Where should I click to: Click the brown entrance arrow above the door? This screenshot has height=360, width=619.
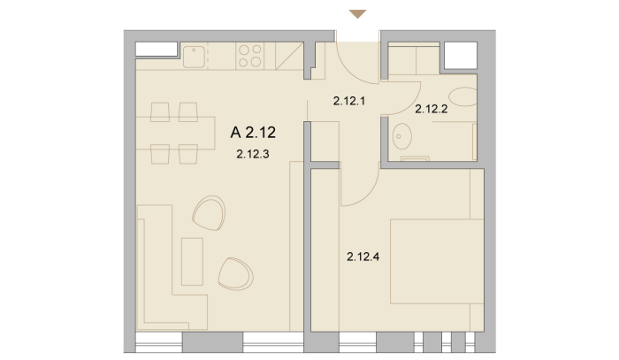[x=358, y=14]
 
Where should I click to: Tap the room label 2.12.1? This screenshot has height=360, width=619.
[x=349, y=101]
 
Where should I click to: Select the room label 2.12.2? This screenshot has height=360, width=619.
[x=432, y=109]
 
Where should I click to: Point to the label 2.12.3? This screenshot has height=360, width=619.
[x=253, y=154]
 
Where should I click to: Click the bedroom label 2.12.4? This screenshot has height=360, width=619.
[x=363, y=257]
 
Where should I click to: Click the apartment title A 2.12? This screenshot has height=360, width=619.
[x=253, y=133]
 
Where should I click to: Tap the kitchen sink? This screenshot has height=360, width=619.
[x=194, y=57]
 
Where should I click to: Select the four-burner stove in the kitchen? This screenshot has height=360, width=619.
[x=250, y=56]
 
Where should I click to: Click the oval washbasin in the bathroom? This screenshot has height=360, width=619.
[x=401, y=136]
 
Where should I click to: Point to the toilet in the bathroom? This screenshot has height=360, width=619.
[x=462, y=96]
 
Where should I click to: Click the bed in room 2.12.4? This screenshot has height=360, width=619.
[x=437, y=261]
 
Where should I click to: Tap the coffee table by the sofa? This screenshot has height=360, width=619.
[x=192, y=261]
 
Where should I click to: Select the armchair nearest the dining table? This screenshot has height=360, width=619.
[x=209, y=213]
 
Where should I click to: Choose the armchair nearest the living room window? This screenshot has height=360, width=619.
[x=236, y=274]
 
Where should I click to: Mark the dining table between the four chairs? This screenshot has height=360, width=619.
[x=175, y=133]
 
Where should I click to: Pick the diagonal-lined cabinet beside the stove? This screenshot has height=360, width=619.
[x=289, y=56]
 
